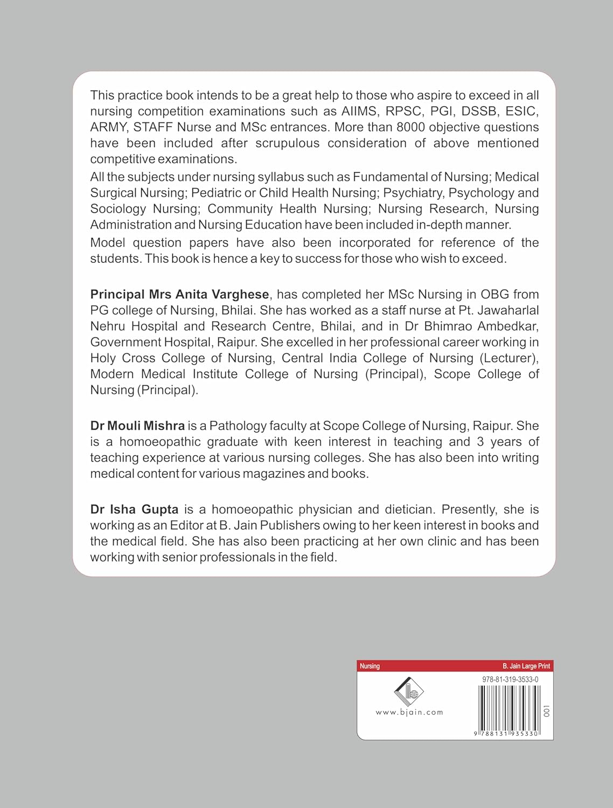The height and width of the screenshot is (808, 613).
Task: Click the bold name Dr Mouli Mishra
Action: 137,426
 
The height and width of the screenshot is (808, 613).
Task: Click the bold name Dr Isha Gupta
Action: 134,510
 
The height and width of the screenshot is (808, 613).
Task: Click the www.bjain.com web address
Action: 409,712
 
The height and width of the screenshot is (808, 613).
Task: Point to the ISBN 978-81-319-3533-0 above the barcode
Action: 510,680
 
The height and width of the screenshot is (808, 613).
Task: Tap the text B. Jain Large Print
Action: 526,666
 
